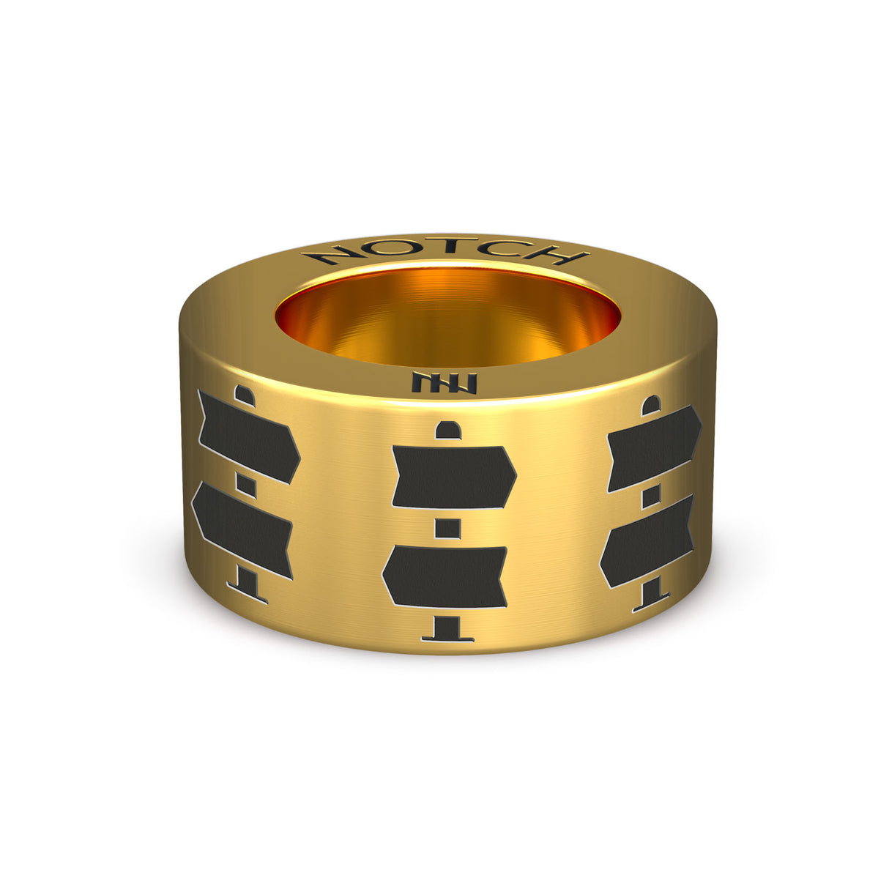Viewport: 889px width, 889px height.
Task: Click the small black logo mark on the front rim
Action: pos(444,383)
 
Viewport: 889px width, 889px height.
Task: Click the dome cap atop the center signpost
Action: pos(448,430)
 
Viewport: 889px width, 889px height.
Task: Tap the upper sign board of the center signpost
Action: pos(454,477)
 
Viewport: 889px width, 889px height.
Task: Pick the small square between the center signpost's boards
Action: pos(447,528)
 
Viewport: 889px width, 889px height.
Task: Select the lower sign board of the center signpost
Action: pos(445,577)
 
